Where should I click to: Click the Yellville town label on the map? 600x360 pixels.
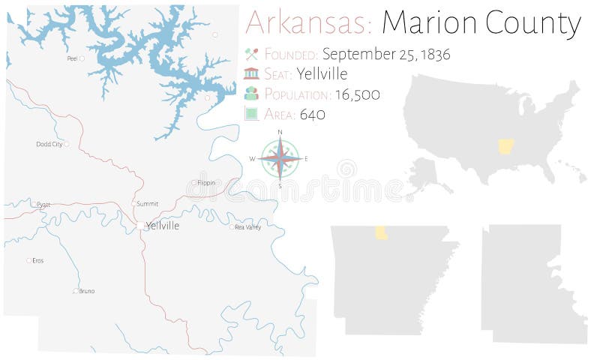pyautogui.click(x=163, y=226)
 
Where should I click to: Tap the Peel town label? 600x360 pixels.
pyautogui.click(x=72, y=58)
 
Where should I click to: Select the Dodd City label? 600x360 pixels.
pyautogui.click(x=49, y=144)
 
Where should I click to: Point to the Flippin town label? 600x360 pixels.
pyautogui.click(x=205, y=182)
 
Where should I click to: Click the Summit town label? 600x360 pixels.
pyautogui.click(x=148, y=203)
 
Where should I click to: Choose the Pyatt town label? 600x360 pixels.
pyautogui.click(x=43, y=204)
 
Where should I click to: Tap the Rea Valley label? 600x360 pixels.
pyautogui.click(x=248, y=227)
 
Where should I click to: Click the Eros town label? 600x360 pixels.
pyautogui.click(x=38, y=261)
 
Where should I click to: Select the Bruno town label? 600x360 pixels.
pyautogui.click(x=87, y=291)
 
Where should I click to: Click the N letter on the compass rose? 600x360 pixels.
pyautogui.click(x=280, y=133)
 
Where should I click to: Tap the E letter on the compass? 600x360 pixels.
pyautogui.click(x=306, y=159)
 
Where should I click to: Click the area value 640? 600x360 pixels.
pyautogui.click(x=313, y=115)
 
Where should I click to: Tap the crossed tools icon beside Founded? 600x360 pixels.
pyautogui.click(x=252, y=54)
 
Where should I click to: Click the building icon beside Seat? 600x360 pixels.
pyautogui.click(x=252, y=73)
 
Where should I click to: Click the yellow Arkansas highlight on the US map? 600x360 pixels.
pyautogui.click(x=505, y=145)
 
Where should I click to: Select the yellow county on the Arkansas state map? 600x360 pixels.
pyautogui.click(x=381, y=233)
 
